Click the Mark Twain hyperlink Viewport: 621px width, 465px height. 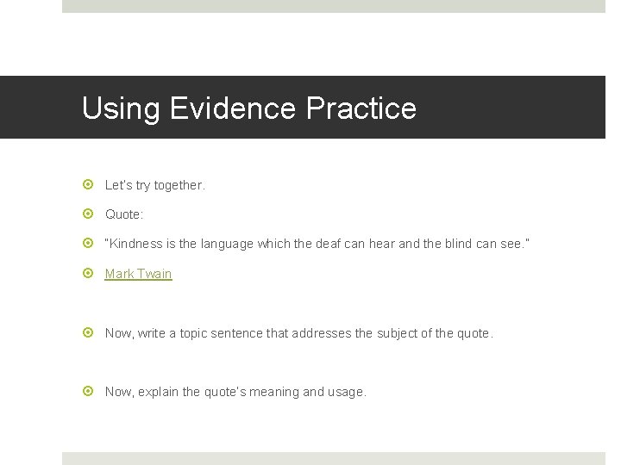pyautogui.click(x=138, y=274)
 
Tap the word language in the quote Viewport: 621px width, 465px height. pyautogui.click(x=226, y=244)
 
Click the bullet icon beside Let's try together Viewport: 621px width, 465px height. pyautogui.click(x=88, y=185)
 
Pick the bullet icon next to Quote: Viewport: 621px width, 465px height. pyautogui.click(x=88, y=214)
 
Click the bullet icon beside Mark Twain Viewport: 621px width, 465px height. pyautogui.click(x=88, y=274)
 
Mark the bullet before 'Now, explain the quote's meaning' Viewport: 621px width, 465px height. pyautogui.click(x=88, y=392)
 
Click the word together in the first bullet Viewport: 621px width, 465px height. pyautogui.click(x=179, y=185)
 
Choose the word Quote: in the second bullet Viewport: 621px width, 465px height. pyautogui.click(x=124, y=214)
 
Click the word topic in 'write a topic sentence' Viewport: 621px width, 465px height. pyautogui.click(x=195, y=333)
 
